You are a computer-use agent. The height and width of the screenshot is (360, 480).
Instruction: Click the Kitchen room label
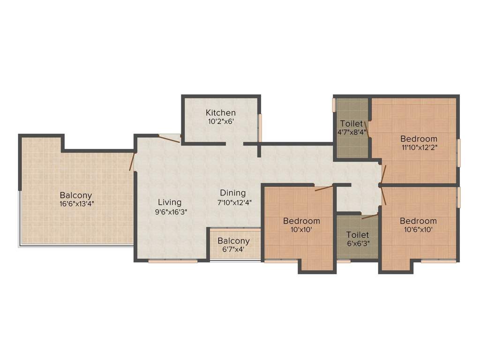point(220,112)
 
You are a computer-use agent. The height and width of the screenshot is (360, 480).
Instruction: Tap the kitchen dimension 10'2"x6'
point(220,121)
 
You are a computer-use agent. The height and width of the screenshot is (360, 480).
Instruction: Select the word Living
point(169,202)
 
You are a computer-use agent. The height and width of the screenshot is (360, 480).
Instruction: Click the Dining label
point(233,193)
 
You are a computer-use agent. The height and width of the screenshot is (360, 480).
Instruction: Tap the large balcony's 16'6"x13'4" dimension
point(75,204)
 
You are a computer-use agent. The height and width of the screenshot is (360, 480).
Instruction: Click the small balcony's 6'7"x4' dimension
point(233,249)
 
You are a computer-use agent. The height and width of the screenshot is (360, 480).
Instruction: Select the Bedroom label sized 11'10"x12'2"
point(419,139)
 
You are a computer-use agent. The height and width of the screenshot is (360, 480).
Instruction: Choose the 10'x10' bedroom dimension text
point(301,230)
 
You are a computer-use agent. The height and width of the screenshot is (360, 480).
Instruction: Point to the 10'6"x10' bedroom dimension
point(418,230)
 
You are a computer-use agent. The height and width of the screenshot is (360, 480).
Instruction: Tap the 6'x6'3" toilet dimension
point(358,243)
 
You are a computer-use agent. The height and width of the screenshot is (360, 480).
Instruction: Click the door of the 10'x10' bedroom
point(323,188)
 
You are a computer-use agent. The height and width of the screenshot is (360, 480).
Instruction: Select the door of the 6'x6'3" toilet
point(370,217)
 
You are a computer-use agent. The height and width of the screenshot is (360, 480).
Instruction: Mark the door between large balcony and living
point(132,161)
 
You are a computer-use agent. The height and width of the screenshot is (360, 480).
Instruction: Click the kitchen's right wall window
point(260,127)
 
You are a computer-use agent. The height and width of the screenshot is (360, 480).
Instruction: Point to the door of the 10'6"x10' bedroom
point(383,196)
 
